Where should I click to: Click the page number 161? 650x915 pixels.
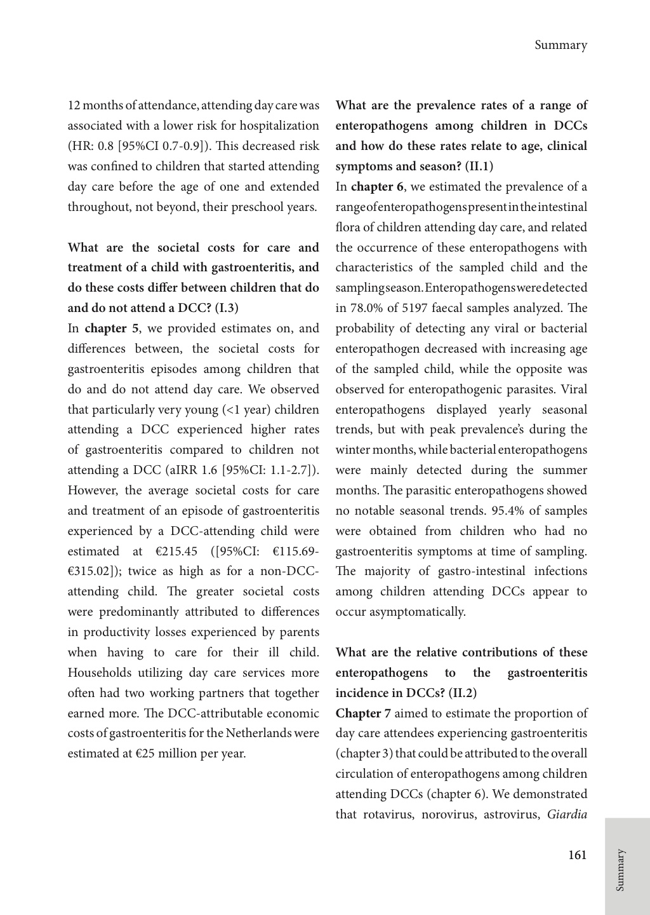[x=577, y=855]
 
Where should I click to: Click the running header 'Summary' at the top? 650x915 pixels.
[x=560, y=45]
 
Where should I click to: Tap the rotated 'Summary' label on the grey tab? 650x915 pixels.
[x=620, y=870]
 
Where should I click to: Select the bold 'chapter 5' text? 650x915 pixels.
[x=112, y=329]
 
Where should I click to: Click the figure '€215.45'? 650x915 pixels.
[x=169, y=551]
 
